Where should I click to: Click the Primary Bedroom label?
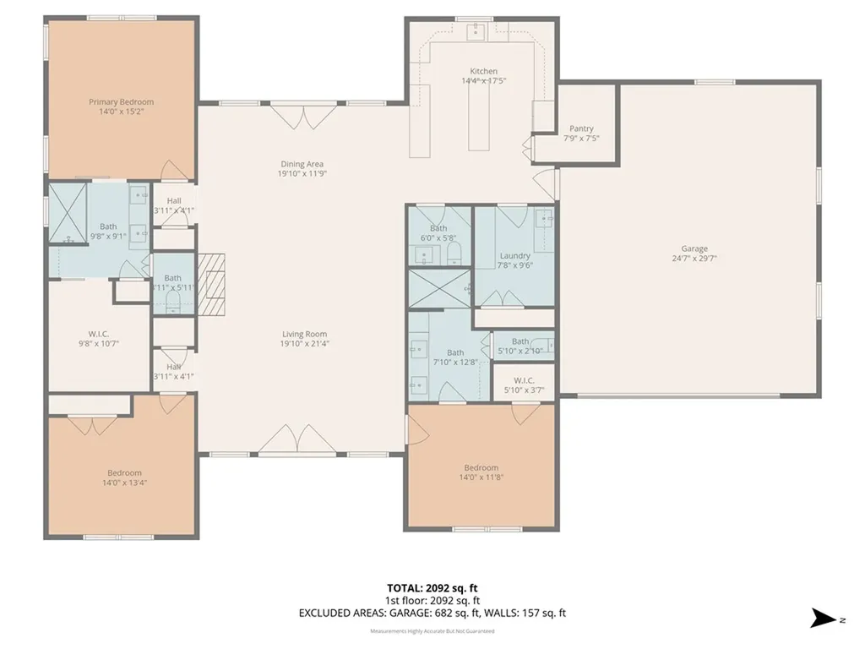122,102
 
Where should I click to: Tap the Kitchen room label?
483,71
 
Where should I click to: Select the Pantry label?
581,128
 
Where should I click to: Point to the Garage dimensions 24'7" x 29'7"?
694,259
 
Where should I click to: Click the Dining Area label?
302,164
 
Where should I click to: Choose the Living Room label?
304,334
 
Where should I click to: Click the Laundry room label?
514,256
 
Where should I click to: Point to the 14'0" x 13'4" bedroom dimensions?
124,483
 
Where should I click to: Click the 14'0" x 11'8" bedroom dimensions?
481,478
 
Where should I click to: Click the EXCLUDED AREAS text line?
432,612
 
